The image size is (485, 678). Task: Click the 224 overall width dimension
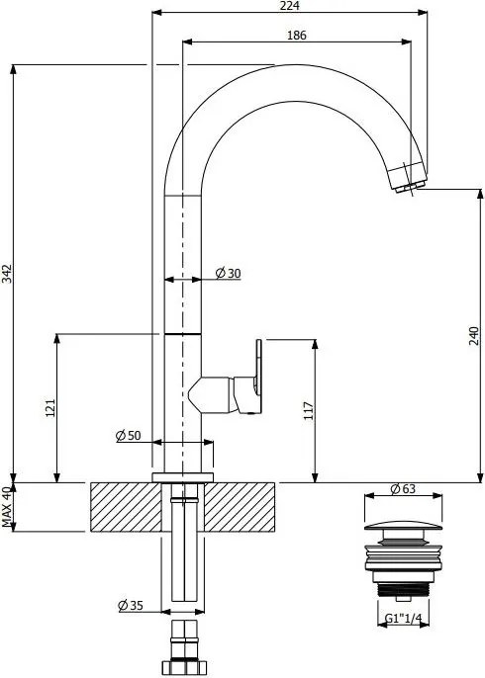(x=290, y=6)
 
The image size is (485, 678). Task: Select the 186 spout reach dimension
(x=297, y=36)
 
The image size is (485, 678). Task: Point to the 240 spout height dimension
(x=475, y=335)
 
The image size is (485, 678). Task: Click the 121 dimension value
(x=50, y=407)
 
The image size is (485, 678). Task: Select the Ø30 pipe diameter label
(x=228, y=274)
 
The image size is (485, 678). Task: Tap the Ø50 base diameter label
(x=129, y=436)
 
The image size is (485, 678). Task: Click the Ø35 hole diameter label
(x=132, y=605)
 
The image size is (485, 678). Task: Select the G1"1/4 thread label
(x=402, y=620)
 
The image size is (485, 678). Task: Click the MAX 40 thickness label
(x=7, y=508)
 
